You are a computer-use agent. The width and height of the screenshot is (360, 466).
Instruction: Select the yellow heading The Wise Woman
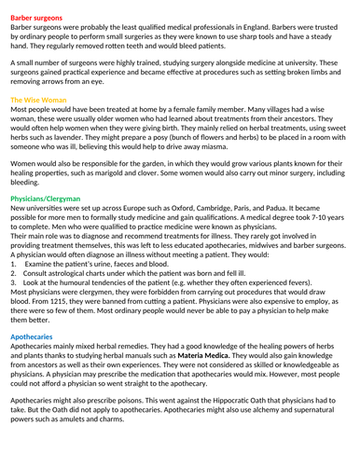38,99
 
